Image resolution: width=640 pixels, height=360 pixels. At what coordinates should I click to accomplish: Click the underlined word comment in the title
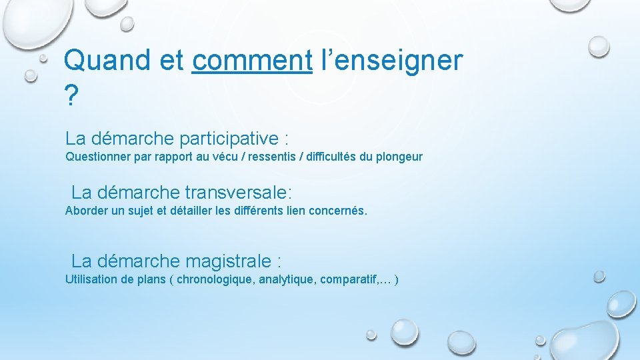(x=252, y=61)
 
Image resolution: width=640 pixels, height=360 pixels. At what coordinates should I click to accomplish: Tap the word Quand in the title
(x=107, y=61)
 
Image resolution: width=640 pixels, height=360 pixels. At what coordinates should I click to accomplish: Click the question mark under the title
(x=71, y=97)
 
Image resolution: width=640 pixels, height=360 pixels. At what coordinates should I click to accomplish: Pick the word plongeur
(x=399, y=157)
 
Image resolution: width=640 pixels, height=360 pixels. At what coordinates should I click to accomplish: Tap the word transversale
(x=239, y=193)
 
